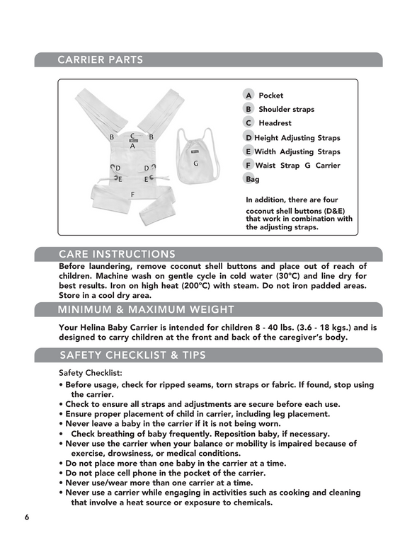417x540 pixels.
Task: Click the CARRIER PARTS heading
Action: [x=100, y=59]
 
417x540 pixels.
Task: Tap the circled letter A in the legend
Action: [x=248, y=95]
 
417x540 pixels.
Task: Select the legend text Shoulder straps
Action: [x=287, y=109]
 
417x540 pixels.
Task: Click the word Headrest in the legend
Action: [x=275, y=123]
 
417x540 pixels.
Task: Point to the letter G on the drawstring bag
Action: [x=195, y=163]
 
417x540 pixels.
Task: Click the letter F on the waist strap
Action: [x=132, y=195]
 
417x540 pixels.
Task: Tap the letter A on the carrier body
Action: [x=132, y=146]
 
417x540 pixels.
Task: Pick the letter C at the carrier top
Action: [x=132, y=137]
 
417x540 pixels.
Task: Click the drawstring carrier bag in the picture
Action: [x=197, y=156]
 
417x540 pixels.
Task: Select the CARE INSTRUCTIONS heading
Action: [x=118, y=254]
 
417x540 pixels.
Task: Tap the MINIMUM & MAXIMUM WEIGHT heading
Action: [x=146, y=309]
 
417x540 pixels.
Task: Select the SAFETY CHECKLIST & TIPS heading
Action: [x=132, y=355]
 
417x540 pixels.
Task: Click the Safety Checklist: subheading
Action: [x=91, y=373]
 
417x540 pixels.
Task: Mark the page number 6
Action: [x=27, y=517]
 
